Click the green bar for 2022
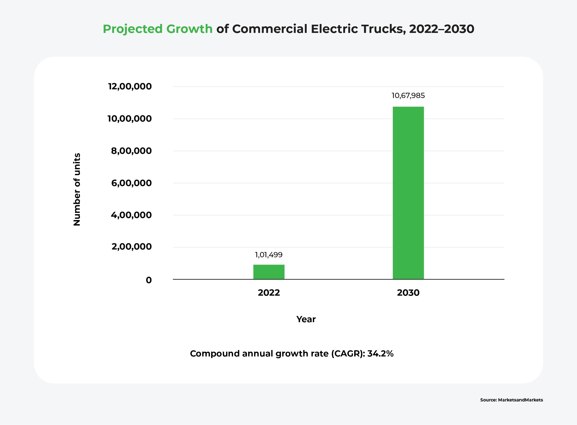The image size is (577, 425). [x=269, y=272]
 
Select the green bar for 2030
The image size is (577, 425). [x=408, y=193]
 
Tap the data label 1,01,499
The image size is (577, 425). [x=269, y=255]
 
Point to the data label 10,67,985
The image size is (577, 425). [x=408, y=96]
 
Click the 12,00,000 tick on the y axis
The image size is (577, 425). [x=130, y=86]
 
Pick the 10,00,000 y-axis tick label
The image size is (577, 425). [x=129, y=119]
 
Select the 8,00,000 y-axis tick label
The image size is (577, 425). [x=131, y=151]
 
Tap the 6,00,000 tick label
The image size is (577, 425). [x=131, y=183]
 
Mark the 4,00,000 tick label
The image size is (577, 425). [x=131, y=215]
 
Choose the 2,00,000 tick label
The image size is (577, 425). [x=131, y=247]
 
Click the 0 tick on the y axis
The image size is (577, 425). [x=149, y=280]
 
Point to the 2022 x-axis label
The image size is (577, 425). [x=269, y=293]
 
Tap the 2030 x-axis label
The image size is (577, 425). [x=408, y=293]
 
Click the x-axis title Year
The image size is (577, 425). [x=306, y=319]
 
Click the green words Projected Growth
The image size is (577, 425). [x=157, y=29]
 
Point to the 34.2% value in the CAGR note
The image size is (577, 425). [x=380, y=354]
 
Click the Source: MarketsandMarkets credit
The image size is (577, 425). [x=511, y=400]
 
